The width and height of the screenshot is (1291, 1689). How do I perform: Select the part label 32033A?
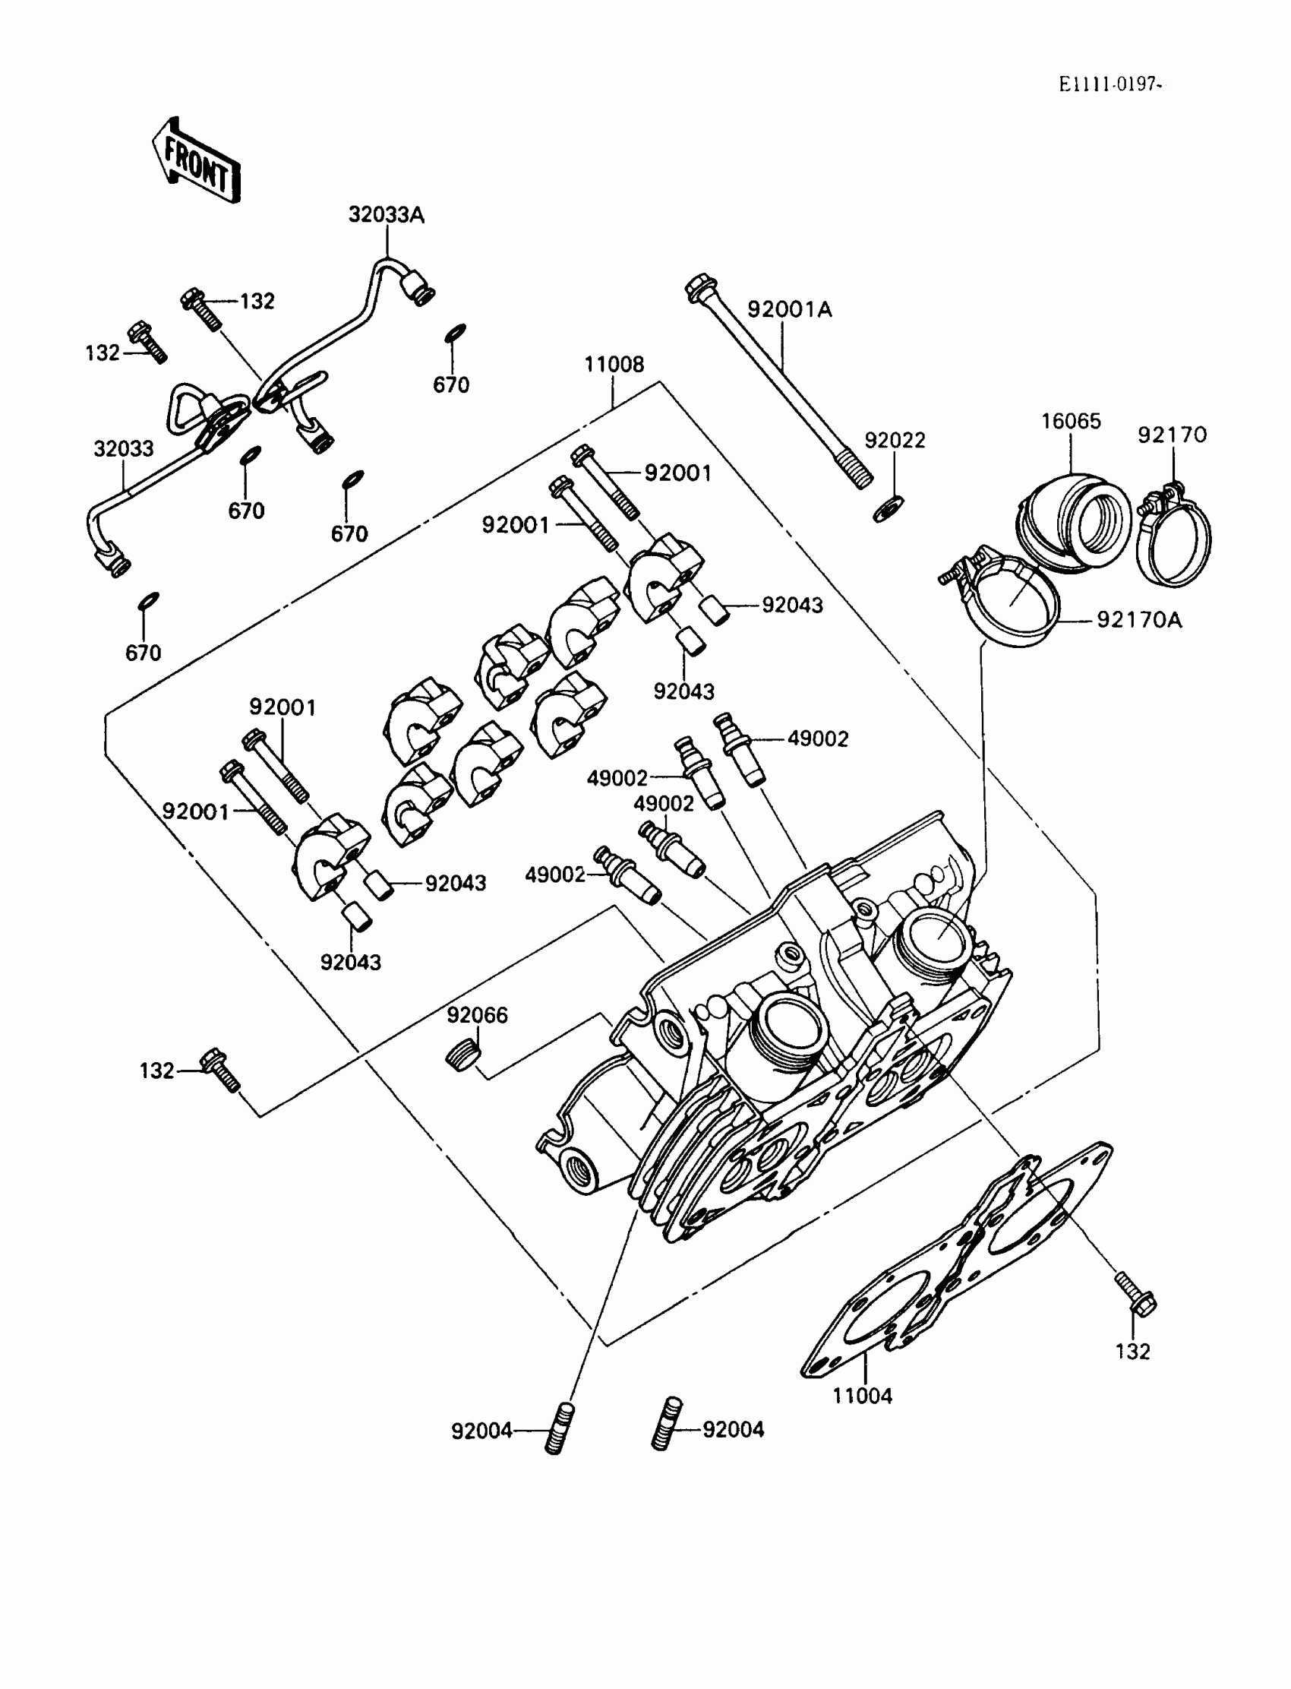tap(386, 214)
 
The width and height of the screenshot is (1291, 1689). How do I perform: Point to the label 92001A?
tap(789, 309)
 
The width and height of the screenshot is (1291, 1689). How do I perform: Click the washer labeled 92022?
tap(889, 508)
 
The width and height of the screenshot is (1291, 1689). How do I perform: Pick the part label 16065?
tap(1071, 420)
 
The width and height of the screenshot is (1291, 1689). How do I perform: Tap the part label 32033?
tap(123, 448)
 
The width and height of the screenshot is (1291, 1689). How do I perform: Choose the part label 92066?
tap(477, 1016)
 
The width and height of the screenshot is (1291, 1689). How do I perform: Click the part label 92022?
tap(895, 441)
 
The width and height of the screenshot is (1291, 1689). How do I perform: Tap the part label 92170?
tap(1172, 435)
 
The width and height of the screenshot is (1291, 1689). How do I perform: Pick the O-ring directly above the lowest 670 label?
tap(147, 599)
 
